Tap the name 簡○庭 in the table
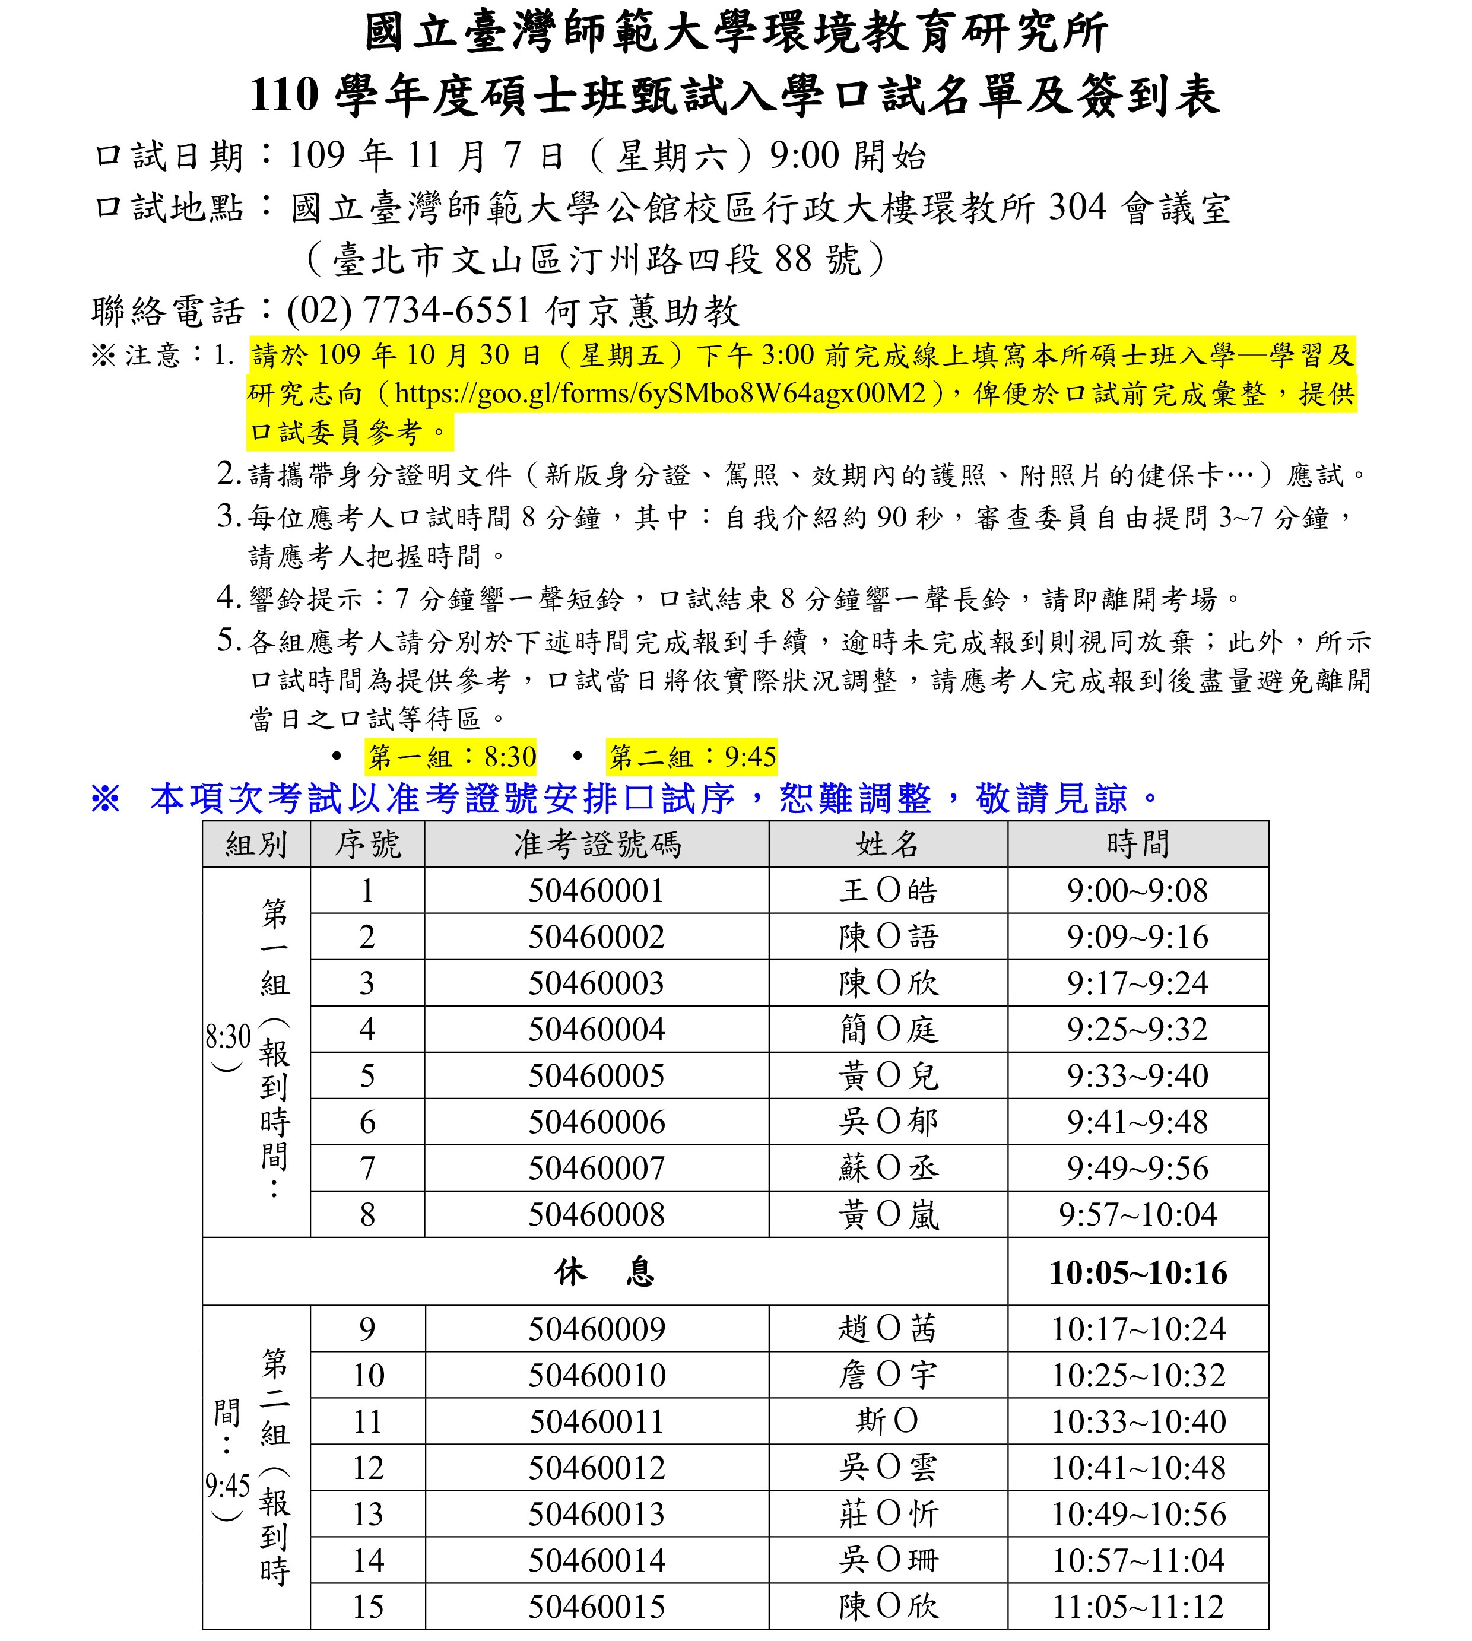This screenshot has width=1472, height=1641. click(x=888, y=1030)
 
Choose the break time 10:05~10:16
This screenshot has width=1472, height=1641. click(x=1138, y=1273)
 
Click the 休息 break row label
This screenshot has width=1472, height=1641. click(x=604, y=1273)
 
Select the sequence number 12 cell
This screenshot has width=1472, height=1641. click(x=368, y=1468)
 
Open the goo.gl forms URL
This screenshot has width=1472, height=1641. click(x=660, y=393)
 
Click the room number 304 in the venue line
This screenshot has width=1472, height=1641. click(x=1077, y=208)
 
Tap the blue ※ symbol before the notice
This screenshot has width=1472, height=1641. click(x=105, y=799)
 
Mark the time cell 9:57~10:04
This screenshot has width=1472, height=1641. click(x=1137, y=1215)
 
